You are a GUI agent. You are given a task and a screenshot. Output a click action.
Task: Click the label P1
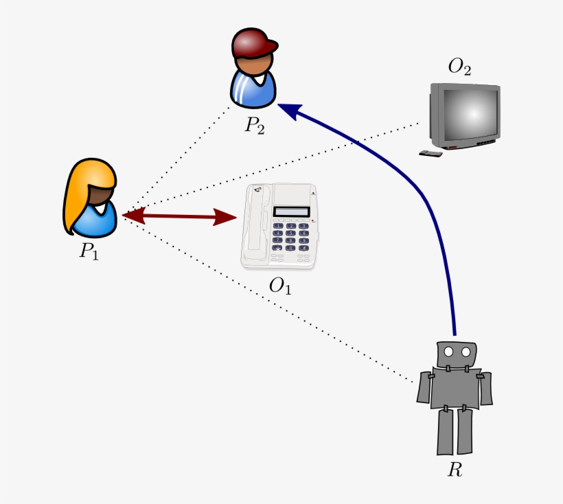coord(89,251)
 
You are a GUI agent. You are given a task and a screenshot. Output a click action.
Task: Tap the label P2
coord(254,126)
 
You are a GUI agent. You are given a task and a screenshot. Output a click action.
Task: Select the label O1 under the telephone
coord(280,286)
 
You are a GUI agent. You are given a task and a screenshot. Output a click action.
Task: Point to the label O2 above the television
coord(459,67)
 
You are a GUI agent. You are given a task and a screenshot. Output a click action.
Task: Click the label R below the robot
coord(455,470)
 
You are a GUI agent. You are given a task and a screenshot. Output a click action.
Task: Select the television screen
coord(468,114)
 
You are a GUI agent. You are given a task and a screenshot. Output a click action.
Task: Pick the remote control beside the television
coord(431,153)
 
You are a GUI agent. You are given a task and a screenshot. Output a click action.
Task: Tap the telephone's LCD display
coord(292,211)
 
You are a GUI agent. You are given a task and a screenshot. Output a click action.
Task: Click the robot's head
coord(457,354)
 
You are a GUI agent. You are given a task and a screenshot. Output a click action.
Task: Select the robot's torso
coord(455,389)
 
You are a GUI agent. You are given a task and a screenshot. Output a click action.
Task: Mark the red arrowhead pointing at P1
coord(133,216)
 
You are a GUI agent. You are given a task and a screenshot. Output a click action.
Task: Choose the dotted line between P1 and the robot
coord(275,302)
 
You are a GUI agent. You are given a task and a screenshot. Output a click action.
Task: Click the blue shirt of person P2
coord(253,91)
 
